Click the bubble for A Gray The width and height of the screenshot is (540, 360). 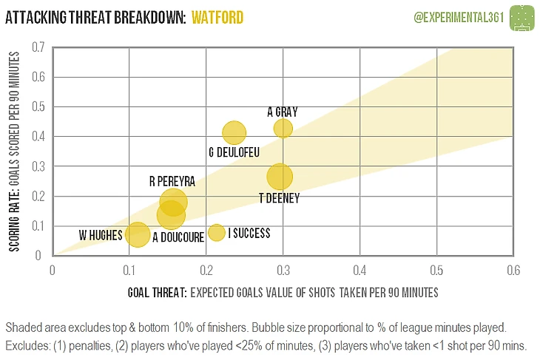[283, 128]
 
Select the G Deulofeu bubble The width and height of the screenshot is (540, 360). [234, 133]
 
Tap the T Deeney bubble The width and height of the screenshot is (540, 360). [280, 177]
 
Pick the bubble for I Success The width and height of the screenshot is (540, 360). [217, 232]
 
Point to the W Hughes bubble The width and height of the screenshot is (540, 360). [137, 234]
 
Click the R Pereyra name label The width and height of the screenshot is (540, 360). [172, 180]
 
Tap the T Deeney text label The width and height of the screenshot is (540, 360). [279, 197]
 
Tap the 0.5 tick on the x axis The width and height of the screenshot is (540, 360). [436, 271]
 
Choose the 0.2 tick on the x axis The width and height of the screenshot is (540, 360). [206, 271]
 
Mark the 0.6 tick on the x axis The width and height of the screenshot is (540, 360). [512, 271]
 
